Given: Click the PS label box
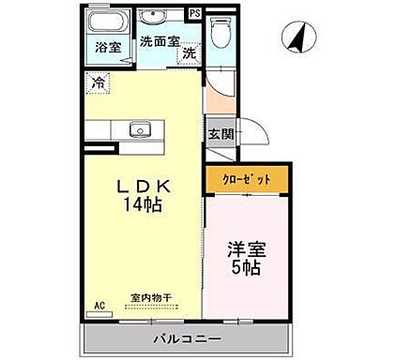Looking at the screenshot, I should [x=193, y=13].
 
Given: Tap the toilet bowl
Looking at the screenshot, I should [x=219, y=34].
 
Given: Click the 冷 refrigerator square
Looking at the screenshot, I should [x=99, y=82].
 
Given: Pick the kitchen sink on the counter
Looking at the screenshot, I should [x=141, y=129].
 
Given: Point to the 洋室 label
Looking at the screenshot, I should [x=246, y=251].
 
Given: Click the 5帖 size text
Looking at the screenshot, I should [x=246, y=268].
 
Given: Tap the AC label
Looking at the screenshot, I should [x=99, y=306].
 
